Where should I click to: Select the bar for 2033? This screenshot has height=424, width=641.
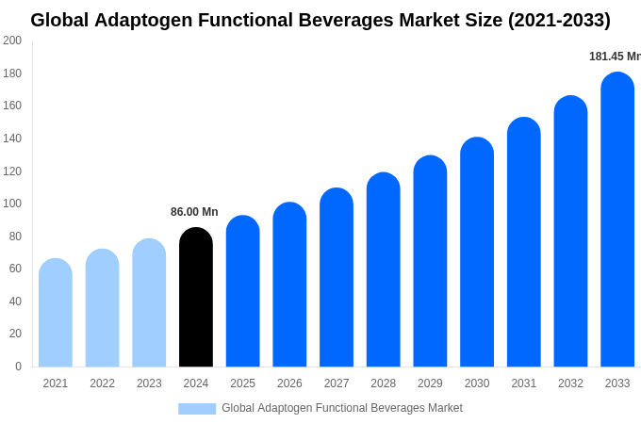(x=617, y=220)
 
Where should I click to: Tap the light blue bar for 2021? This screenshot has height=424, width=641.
(x=56, y=313)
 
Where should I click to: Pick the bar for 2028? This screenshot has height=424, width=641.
(x=384, y=270)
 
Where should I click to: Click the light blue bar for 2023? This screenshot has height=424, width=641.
(x=149, y=303)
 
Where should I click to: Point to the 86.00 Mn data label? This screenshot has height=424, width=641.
(x=194, y=212)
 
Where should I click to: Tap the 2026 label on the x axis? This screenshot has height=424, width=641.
(x=289, y=383)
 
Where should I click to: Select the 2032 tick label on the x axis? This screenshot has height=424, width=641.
(x=570, y=383)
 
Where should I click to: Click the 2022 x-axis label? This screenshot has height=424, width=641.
(x=102, y=383)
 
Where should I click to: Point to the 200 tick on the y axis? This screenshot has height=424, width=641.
(x=12, y=41)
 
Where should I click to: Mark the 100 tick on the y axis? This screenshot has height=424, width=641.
(x=12, y=204)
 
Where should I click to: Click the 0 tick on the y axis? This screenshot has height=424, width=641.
(x=18, y=367)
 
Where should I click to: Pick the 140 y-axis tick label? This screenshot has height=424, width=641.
(x=12, y=139)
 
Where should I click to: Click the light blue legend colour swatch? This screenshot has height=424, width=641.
(x=197, y=409)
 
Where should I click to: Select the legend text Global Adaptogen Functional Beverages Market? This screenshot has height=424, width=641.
(x=342, y=408)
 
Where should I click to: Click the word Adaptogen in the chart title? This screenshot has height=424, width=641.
(x=144, y=20)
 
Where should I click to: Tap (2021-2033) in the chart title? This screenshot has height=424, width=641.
(x=559, y=20)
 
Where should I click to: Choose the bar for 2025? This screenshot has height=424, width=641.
(x=242, y=292)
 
